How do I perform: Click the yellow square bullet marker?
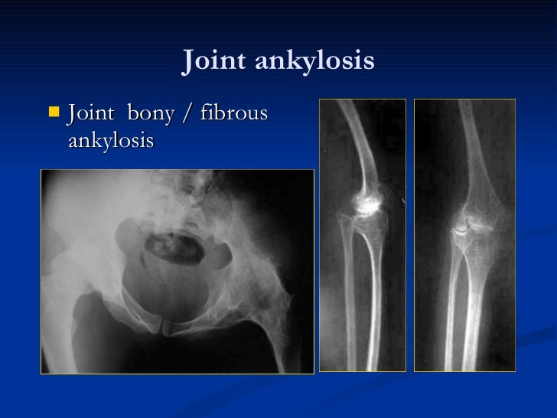(53, 113)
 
